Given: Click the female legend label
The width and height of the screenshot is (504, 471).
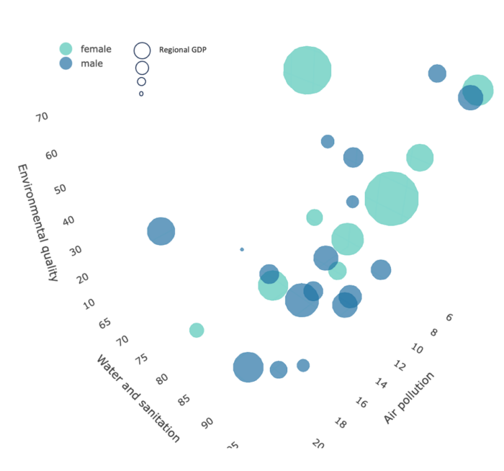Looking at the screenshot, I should [96, 49].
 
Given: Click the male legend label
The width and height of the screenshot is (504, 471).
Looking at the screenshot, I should [91, 63].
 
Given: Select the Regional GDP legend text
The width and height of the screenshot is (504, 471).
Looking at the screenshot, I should [183, 50].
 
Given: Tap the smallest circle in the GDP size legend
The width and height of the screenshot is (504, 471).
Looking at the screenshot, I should [141, 94].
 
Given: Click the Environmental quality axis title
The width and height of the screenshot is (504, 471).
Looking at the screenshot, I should [37, 222].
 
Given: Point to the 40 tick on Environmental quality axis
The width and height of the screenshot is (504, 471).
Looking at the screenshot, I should [68, 220].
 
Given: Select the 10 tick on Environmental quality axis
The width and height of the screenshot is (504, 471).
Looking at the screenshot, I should [89, 304].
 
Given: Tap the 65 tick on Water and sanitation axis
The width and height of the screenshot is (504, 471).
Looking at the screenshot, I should [104, 323].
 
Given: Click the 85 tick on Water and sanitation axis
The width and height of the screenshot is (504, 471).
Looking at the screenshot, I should [184, 400].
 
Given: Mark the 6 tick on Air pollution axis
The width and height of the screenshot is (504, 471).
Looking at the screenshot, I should [449, 317].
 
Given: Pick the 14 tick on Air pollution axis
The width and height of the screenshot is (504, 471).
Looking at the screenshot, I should [382, 384].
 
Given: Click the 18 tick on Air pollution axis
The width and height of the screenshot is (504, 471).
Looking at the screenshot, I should [341, 423].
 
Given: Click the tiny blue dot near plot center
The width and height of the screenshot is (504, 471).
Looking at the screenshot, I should [242, 249].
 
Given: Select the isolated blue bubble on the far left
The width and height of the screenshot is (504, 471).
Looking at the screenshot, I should [161, 231].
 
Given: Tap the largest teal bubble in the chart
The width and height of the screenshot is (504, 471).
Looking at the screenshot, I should [391, 198].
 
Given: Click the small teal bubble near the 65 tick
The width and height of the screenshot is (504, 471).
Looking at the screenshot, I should [197, 330].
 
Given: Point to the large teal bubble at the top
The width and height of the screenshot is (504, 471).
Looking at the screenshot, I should [307, 70].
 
